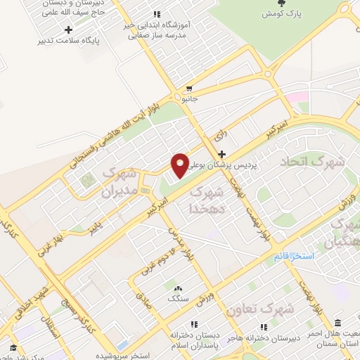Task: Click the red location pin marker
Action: [x=181, y=165]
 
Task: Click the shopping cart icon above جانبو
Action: [x=188, y=89]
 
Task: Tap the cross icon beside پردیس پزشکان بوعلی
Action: [x=221, y=154]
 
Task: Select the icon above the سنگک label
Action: [x=176, y=288]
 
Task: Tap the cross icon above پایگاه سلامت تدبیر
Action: [x=68, y=30]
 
